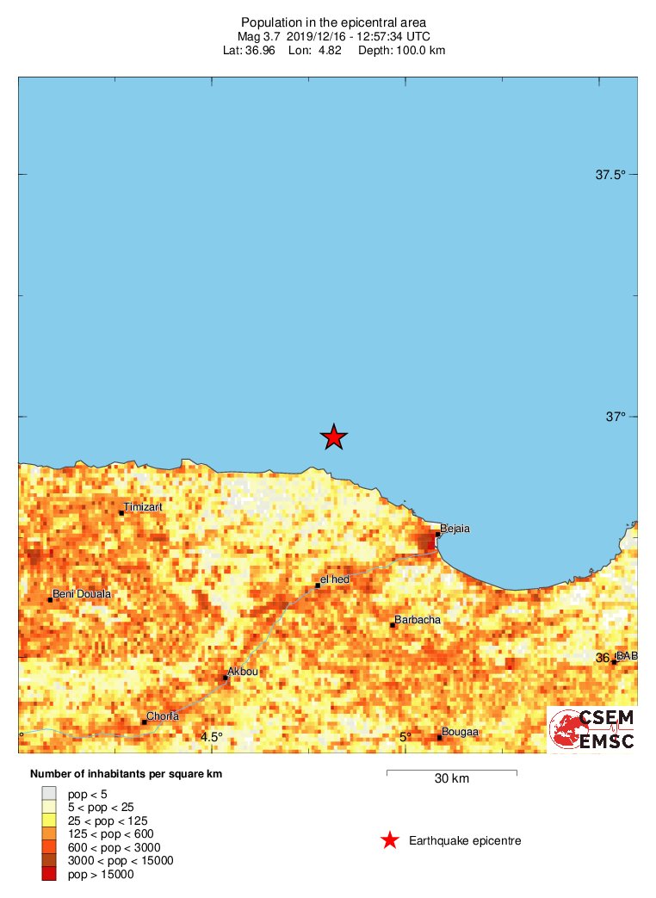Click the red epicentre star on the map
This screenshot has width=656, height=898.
[x=334, y=437]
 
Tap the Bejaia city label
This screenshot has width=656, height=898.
[x=455, y=528]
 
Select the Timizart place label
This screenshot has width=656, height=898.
[x=143, y=507]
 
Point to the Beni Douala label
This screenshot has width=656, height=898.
[x=82, y=594]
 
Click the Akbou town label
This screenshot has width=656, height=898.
[x=242, y=671]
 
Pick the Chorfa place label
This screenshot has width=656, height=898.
[x=163, y=716]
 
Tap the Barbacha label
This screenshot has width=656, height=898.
[x=418, y=619]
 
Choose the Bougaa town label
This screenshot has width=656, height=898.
[x=461, y=733]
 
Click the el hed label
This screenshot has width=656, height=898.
[x=335, y=580]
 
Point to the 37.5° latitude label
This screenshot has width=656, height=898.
[x=610, y=175]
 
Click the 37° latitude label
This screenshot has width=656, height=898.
[x=615, y=417]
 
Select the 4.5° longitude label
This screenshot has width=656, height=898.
[x=212, y=736]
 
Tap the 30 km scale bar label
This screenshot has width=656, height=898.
[x=451, y=779]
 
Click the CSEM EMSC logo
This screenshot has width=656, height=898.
[x=592, y=729]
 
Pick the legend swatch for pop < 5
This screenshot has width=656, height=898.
[x=49, y=793]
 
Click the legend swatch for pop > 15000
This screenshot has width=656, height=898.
[x=49, y=874]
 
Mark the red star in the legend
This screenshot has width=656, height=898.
[x=390, y=840]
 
